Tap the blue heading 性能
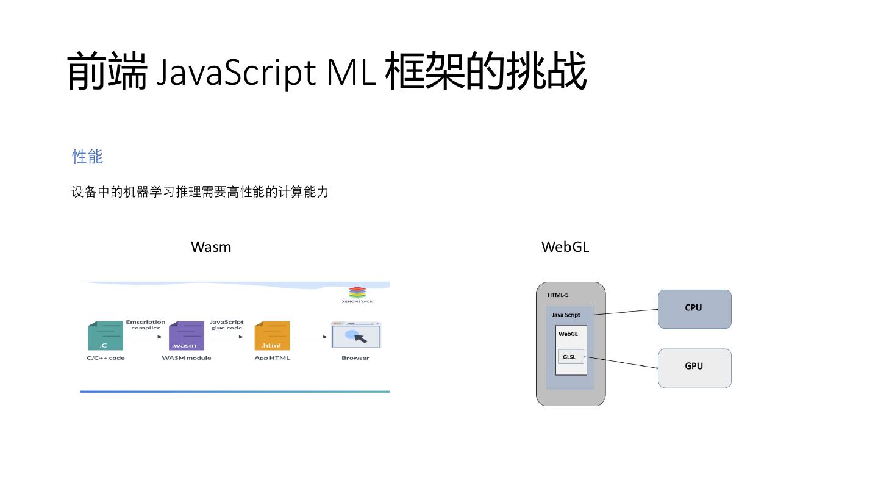(x=87, y=156)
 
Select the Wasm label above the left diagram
(x=211, y=246)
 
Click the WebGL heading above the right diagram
(x=565, y=246)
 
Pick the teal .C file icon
(x=105, y=335)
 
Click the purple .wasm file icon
(x=186, y=335)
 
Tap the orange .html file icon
(x=272, y=335)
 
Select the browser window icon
(x=355, y=335)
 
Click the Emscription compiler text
(x=146, y=324)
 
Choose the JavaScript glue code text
(x=227, y=324)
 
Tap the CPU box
(x=694, y=309)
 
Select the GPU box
(x=694, y=368)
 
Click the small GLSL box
(x=570, y=357)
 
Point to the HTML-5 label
(x=558, y=295)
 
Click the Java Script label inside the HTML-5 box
(x=566, y=315)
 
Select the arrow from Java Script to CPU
(x=626, y=312)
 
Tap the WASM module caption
(x=186, y=358)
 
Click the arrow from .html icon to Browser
(x=311, y=337)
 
